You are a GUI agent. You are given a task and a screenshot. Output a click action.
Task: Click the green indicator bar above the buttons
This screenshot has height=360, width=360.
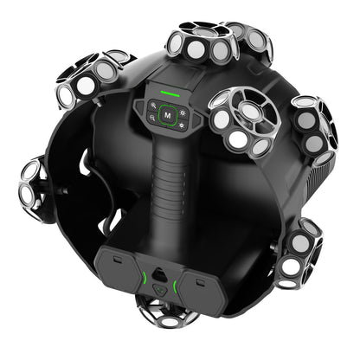[x=170, y=93]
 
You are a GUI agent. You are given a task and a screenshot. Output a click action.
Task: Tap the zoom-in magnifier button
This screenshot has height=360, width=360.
[x=153, y=106]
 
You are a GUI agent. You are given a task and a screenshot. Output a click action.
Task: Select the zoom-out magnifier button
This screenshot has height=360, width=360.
[x=152, y=118]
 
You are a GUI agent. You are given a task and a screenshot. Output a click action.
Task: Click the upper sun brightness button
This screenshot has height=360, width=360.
[x=183, y=112]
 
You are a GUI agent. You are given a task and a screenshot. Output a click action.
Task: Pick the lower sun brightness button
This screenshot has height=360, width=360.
[x=182, y=125]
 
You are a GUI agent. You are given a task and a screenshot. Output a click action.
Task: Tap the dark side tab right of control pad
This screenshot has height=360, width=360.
[x=196, y=120]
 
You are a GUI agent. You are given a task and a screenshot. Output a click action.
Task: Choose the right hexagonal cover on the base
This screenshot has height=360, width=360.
[x=202, y=290]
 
